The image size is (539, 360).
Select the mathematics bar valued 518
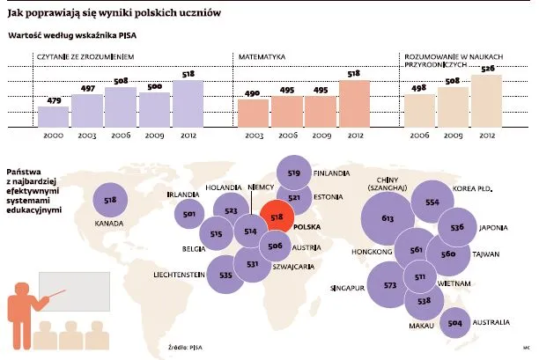coord(356,104)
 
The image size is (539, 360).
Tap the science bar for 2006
coord(418,111)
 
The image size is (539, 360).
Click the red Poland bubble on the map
coord(277,216)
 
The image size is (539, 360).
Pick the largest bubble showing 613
coord(387,217)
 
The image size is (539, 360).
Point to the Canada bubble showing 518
coord(110,200)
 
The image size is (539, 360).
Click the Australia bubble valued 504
coord(454,324)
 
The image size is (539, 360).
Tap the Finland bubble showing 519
coord(294,173)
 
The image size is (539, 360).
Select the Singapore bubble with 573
coord(390,286)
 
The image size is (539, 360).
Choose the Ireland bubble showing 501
coord(188,214)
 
